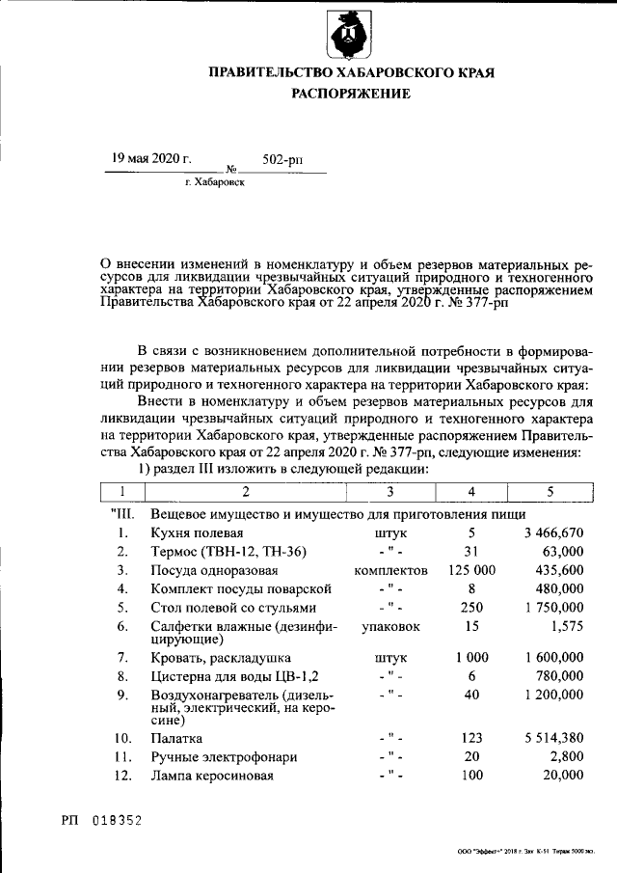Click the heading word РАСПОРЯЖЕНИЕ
pos(351,94)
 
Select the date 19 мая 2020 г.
pos(151,158)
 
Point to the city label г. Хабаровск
pos(214,180)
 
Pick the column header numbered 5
pos(550,492)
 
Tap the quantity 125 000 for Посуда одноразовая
pos(472,569)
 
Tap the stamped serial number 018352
pos(117,820)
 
